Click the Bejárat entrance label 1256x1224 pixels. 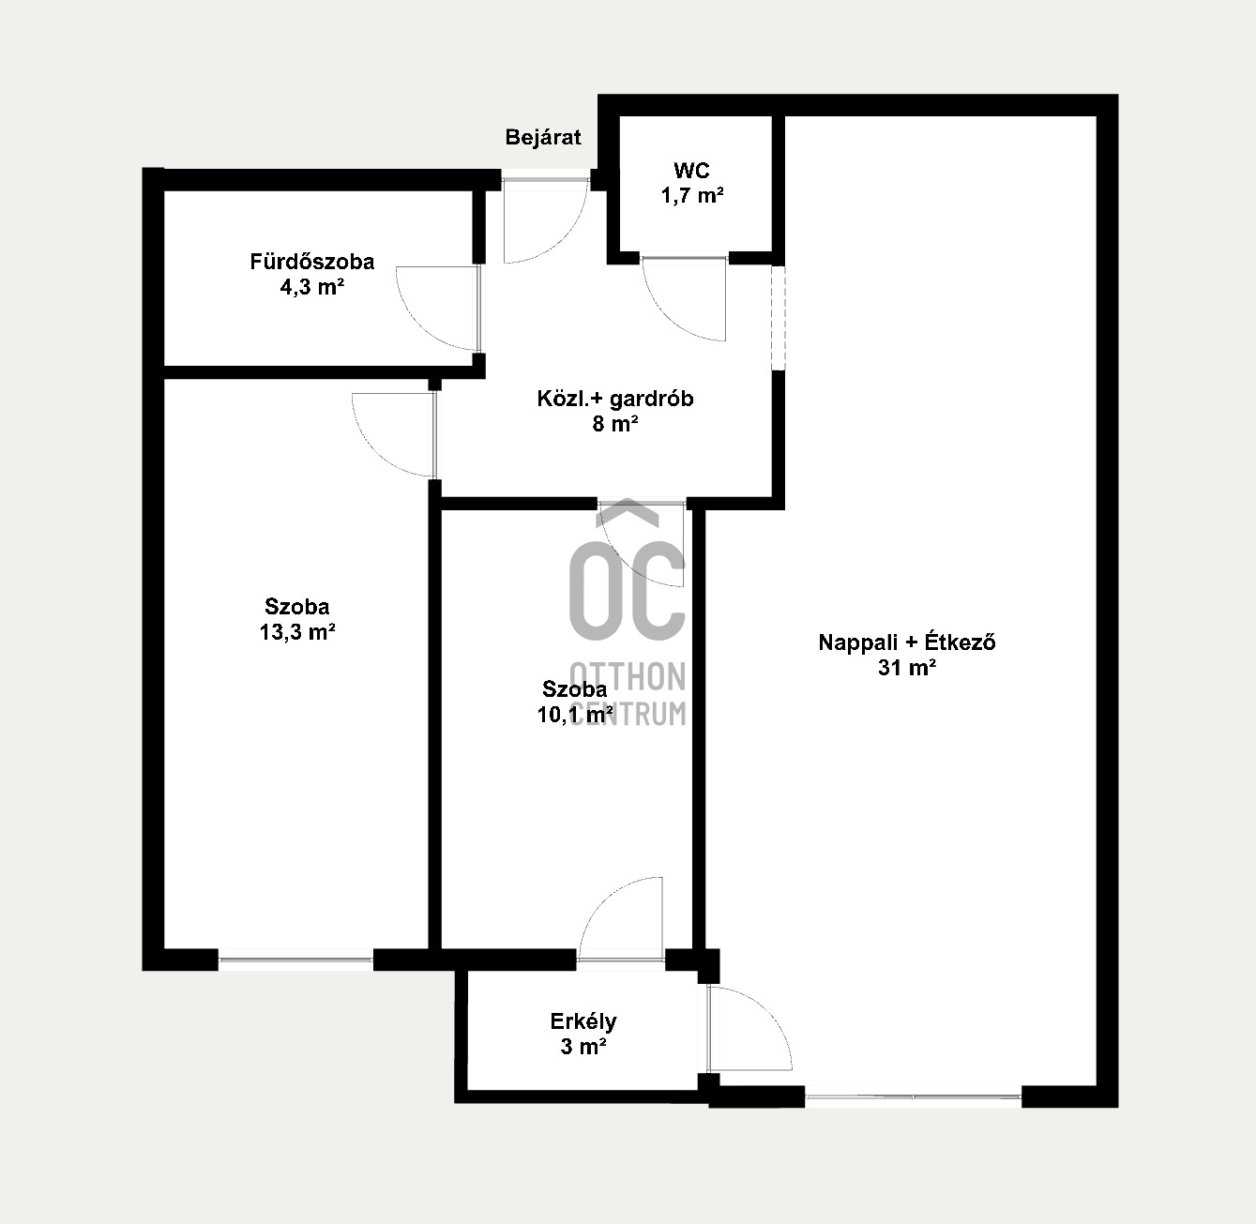[x=543, y=138]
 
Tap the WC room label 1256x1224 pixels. [x=691, y=171]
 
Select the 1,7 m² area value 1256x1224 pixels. [x=691, y=195]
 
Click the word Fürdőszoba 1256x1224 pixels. [x=312, y=262]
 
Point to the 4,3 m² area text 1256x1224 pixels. [x=311, y=286]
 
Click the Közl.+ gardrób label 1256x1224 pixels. [x=615, y=399]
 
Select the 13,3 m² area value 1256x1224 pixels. [x=297, y=631]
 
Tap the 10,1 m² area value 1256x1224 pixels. [x=575, y=715]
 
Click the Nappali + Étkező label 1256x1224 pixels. [x=907, y=642]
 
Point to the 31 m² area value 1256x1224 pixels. [x=907, y=667]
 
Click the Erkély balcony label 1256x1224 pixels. [x=583, y=1021]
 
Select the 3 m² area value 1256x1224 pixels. [x=583, y=1046]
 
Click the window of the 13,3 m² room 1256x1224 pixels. [x=295, y=960]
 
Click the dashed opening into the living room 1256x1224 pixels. [x=779, y=318]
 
